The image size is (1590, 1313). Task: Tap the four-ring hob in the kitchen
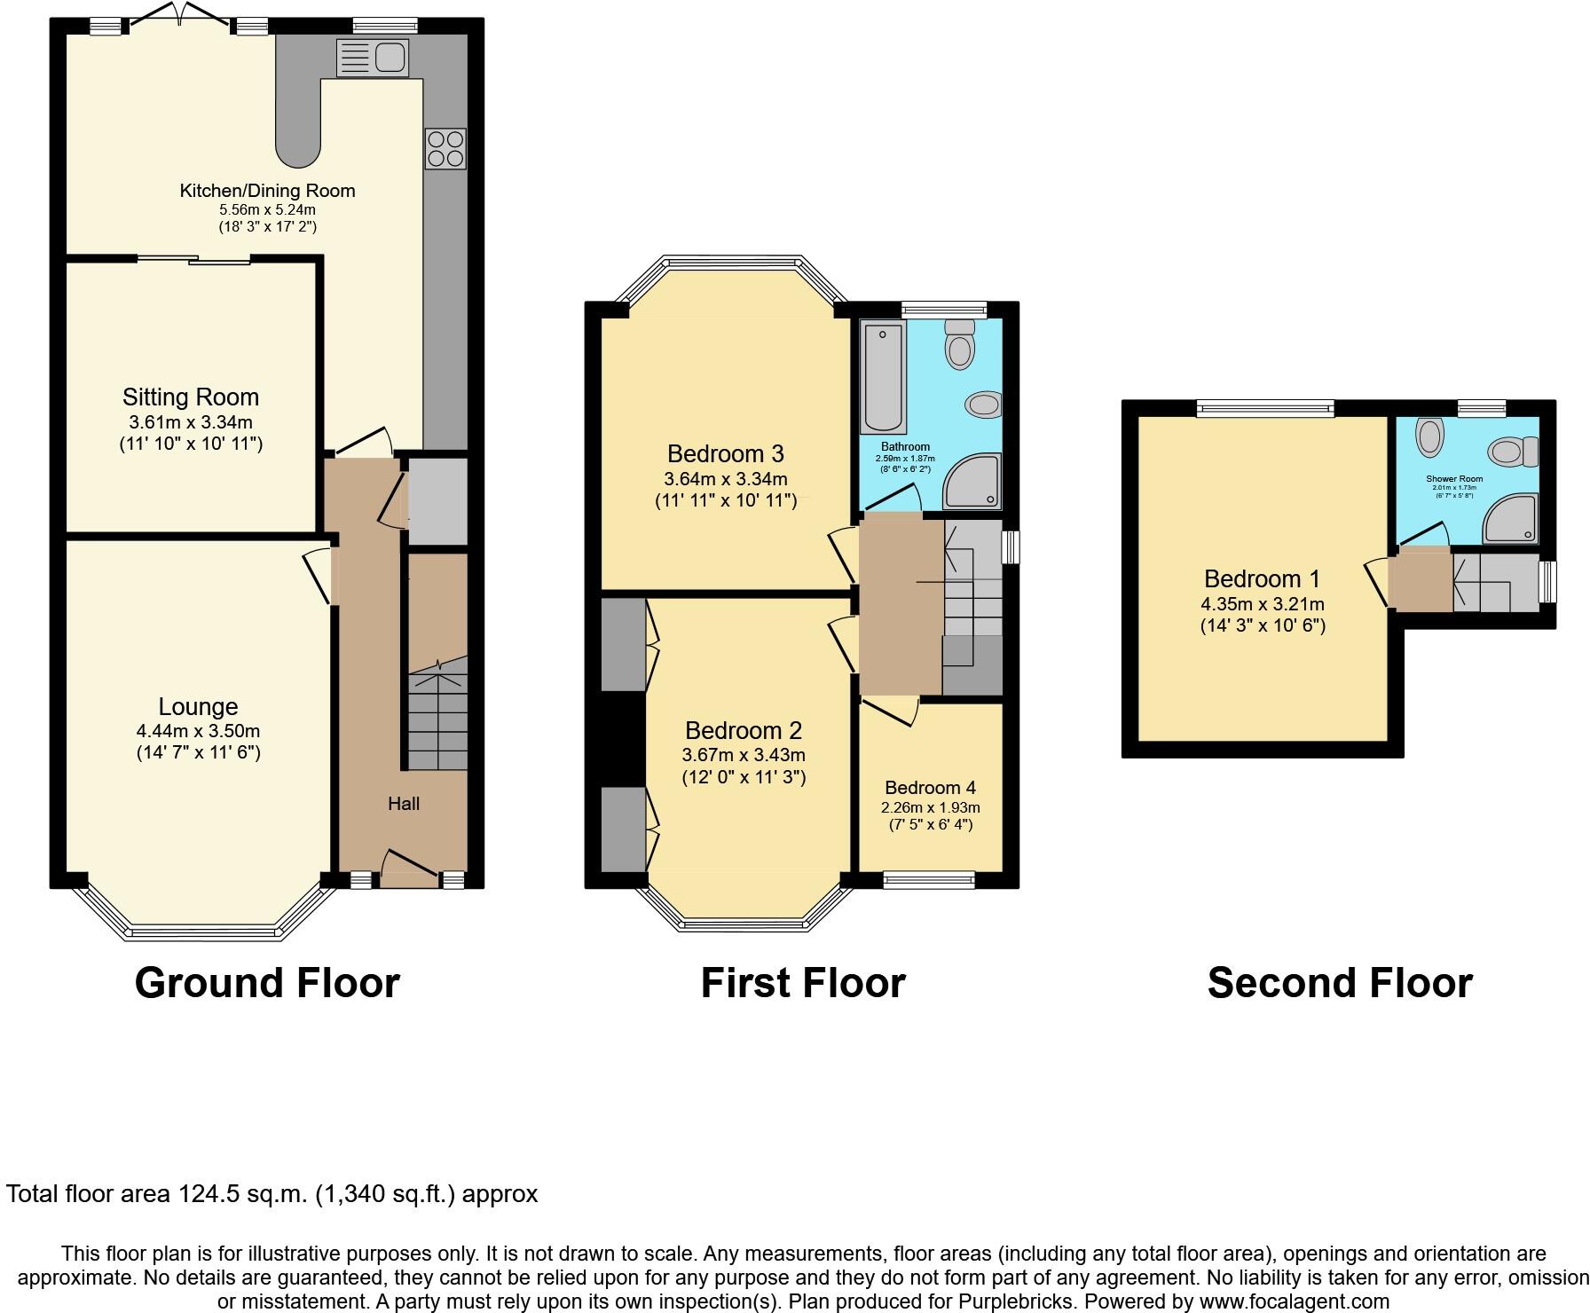pos(445,149)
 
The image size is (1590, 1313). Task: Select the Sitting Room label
pos(191,397)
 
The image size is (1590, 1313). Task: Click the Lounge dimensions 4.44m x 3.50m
pos(198,731)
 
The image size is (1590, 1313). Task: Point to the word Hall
pos(404,804)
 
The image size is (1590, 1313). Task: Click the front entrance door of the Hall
pos(409,866)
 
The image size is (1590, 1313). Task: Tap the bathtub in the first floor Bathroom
pos(882,376)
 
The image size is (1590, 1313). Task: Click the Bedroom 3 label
pos(725,454)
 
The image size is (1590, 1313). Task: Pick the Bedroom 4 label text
pos(930,788)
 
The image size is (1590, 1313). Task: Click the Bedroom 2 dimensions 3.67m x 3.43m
pos(744,755)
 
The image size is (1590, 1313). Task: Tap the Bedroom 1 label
pos(1262,579)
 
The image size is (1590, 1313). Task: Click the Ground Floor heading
pos(267,983)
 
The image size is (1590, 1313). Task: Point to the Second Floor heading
pos(1339,983)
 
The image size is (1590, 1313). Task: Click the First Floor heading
pos(802,983)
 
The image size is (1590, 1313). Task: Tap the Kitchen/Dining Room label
pos(267,191)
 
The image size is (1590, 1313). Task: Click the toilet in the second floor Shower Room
pos(1514,452)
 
